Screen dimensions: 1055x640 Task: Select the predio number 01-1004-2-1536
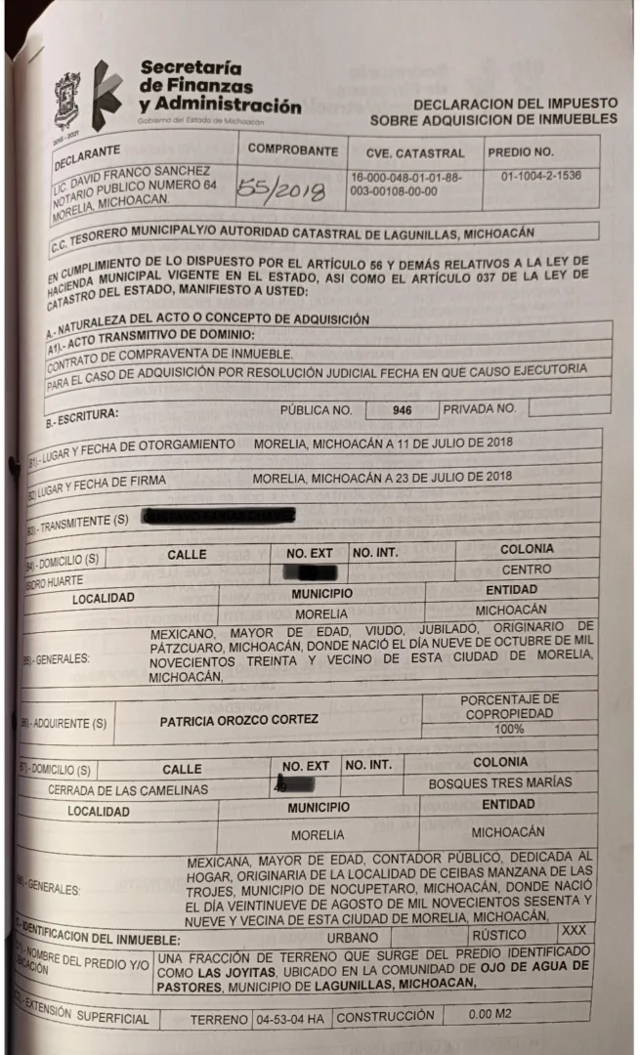click(540, 177)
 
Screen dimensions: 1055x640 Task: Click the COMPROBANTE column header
click(292, 150)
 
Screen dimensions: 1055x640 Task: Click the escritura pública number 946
click(402, 410)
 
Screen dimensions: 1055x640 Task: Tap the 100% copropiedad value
click(508, 729)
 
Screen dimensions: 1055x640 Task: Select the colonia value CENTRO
click(526, 569)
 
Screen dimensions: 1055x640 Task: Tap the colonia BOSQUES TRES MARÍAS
click(500, 782)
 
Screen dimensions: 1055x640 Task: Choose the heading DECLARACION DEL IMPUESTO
click(515, 103)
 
